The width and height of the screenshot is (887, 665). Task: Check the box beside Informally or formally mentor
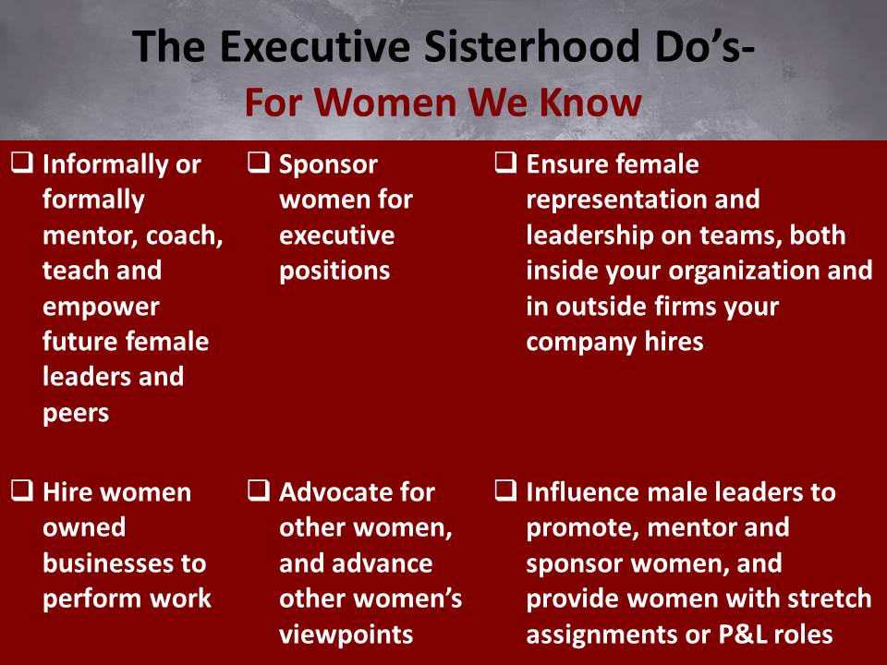[x=22, y=164]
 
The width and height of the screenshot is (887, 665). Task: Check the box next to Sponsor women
[x=259, y=164]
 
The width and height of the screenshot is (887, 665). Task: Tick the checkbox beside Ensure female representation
[x=505, y=164]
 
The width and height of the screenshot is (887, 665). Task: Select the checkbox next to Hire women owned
[x=22, y=492]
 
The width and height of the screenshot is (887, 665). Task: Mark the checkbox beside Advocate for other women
[x=259, y=492]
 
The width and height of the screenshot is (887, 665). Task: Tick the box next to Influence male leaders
[x=505, y=492]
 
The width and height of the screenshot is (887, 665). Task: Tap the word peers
[x=76, y=412]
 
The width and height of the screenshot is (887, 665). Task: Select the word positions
[x=334, y=271]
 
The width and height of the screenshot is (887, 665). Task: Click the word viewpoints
[x=346, y=634]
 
